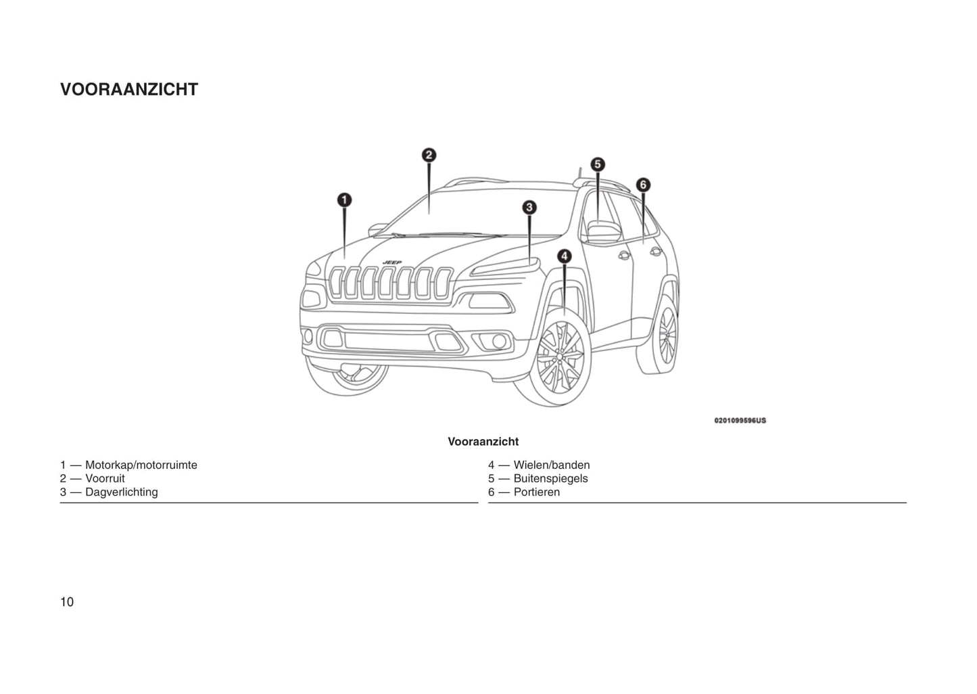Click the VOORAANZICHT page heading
(129, 90)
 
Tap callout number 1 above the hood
(344, 200)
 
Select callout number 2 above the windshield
(429, 155)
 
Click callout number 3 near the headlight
(529, 208)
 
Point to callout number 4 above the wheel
(564, 256)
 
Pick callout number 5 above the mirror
(597, 164)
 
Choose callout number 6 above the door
(643, 185)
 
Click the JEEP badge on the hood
(392, 262)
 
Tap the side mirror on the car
(603, 231)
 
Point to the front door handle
(623, 255)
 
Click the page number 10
(67, 602)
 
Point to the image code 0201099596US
(740, 421)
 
